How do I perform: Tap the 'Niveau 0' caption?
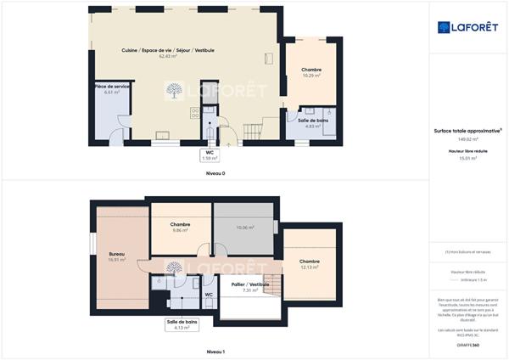pyautogui.click(x=215, y=173)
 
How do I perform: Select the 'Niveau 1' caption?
pyautogui.click(x=215, y=351)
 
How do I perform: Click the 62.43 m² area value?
pyautogui.click(x=180, y=57)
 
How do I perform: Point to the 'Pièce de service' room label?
pyautogui.click(x=112, y=87)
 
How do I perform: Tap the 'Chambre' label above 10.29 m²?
pyautogui.click(x=311, y=70)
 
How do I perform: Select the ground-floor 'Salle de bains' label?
pyautogui.click(x=313, y=120)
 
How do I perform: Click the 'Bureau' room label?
pyautogui.click(x=117, y=254)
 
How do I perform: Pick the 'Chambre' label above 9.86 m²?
pyautogui.click(x=179, y=224)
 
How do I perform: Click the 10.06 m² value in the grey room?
pyautogui.click(x=244, y=228)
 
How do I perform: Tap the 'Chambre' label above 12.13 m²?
pyautogui.click(x=309, y=262)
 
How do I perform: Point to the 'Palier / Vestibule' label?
pyautogui.click(x=249, y=284)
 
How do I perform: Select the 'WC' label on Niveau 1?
pyautogui.click(x=208, y=295)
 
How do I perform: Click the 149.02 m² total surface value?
pyautogui.click(x=468, y=138)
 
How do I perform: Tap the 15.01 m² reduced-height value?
pyautogui.click(x=468, y=158)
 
